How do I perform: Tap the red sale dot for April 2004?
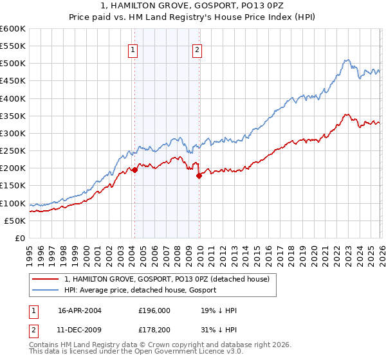click(134, 170)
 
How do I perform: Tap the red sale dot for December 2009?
click(199, 175)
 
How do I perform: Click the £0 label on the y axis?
click(21, 238)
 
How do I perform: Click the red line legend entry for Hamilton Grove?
click(170, 279)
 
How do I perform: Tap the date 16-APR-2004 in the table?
click(80, 310)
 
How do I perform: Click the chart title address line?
click(193, 6)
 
